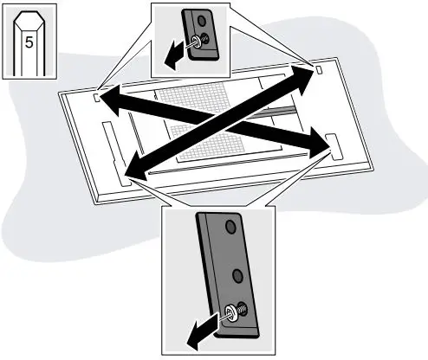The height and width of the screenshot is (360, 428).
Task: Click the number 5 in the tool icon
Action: (x=29, y=41)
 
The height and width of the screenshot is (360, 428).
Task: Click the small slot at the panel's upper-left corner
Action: (x=94, y=98)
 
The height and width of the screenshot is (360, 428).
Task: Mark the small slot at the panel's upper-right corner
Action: (x=318, y=69)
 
